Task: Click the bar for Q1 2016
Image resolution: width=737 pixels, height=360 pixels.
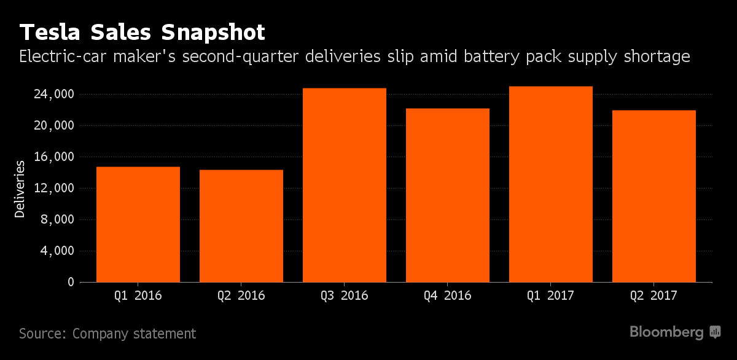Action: click(x=138, y=224)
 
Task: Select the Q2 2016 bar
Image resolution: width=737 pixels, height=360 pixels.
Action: click(x=241, y=226)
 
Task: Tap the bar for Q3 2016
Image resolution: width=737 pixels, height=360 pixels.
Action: click(x=345, y=185)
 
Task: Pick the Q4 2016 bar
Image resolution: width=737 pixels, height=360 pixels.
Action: click(x=448, y=195)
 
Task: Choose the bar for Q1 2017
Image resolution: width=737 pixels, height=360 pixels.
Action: click(x=551, y=184)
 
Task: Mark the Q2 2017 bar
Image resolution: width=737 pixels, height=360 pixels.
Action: click(x=654, y=196)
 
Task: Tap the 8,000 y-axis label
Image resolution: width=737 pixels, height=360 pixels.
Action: click(x=59, y=219)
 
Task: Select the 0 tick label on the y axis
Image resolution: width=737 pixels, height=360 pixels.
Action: click(x=71, y=282)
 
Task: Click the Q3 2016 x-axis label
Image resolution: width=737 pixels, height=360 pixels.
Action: click(x=345, y=295)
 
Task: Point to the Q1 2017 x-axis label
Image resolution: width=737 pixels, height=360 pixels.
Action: click(x=551, y=295)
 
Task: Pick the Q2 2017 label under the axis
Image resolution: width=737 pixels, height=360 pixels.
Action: click(x=654, y=295)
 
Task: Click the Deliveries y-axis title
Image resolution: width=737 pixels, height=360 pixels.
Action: click(x=20, y=189)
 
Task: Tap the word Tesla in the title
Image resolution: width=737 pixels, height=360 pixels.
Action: click(x=52, y=32)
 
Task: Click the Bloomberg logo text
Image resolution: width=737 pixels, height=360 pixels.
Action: click(x=667, y=332)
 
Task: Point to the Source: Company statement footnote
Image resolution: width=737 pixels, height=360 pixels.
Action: click(x=107, y=334)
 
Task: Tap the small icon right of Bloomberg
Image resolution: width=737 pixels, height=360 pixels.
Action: click(x=716, y=332)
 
